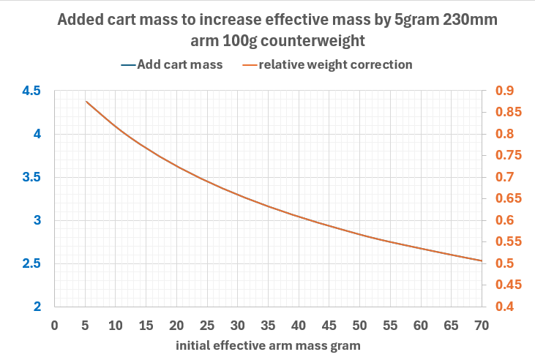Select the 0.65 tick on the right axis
click(x=509, y=199)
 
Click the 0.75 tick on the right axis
click(x=509, y=156)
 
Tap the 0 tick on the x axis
click(x=54, y=324)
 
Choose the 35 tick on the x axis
click(x=268, y=324)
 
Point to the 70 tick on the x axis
click(x=482, y=324)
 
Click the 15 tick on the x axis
click(x=146, y=324)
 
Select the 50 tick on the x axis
click(x=359, y=324)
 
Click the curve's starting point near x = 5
click(x=86, y=102)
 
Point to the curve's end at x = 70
click(x=482, y=260)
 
